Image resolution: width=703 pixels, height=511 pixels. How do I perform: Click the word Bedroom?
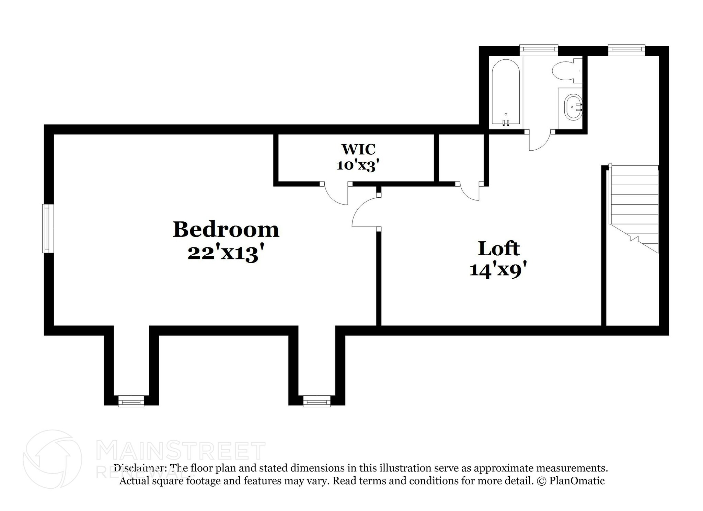(x=226, y=230)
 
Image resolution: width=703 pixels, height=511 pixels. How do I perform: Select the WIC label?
(x=358, y=149)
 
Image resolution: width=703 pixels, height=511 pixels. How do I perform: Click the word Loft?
(x=498, y=248)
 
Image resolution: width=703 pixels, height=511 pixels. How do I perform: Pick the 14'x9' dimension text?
(x=498, y=270)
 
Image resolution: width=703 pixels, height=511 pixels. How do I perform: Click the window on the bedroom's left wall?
(x=48, y=229)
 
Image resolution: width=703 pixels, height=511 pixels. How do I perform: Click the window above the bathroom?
(x=538, y=50)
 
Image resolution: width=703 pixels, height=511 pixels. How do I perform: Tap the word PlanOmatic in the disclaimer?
(x=577, y=480)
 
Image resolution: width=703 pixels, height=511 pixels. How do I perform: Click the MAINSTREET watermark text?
(x=181, y=451)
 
